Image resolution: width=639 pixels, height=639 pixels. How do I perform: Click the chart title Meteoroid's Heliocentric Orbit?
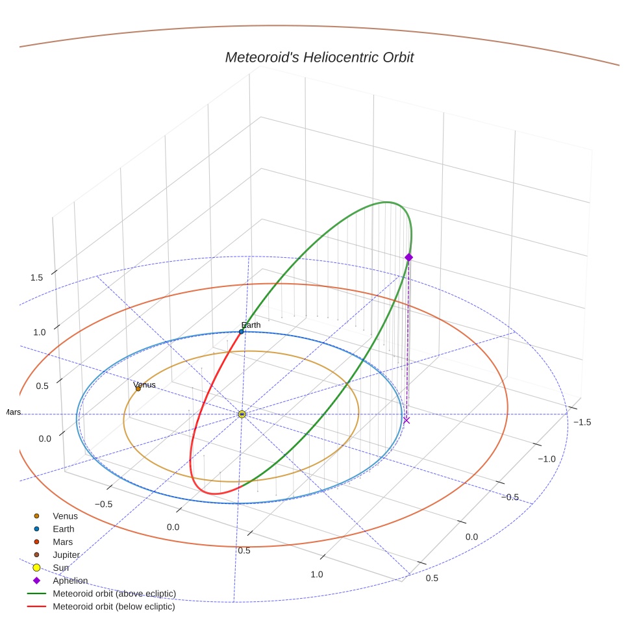pyautogui.click(x=319, y=57)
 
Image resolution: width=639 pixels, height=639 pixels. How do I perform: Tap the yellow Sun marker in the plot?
pyautogui.click(x=242, y=414)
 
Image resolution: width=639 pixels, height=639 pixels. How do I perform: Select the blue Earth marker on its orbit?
pyautogui.click(x=242, y=331)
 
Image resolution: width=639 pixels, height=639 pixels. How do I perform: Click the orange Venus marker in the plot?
pyautogui.click(x=138, y=389)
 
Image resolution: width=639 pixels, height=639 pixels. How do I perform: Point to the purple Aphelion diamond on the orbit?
pyautogui.click(x=408, y=258)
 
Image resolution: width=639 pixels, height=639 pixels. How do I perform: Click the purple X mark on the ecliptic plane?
pyautogui.click(x=407, y=421)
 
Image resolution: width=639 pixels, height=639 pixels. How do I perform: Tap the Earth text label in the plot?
pyautogui.click(x=251, y=325)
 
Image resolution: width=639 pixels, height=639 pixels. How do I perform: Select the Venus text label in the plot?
pyautogui.click(x=144, y=384)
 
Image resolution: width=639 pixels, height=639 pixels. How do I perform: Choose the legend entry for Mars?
pyautogui.click(x=62, y=542)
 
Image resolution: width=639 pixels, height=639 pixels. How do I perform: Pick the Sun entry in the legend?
pyautogui.click(x=61, y=568)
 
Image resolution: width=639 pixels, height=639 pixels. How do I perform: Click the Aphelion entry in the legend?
pyautogui.click(x=70, y=581)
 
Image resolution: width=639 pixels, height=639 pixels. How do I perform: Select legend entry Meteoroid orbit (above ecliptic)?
pyautogui.click(x=114, y=594)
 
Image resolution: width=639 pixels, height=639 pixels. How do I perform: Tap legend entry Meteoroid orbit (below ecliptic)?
pyautogui.click(x=114, y=607)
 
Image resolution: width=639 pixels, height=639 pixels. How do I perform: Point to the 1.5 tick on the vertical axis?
pyautogui.click(x=36, y=277)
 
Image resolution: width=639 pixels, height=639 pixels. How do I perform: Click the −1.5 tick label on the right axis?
pyautogui.click(x=581, y=421)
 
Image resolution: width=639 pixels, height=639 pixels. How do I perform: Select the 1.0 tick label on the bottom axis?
pyautogui.click(x=316, y=574)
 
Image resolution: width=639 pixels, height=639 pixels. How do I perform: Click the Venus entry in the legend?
pyautogui.click(x=65, y=516)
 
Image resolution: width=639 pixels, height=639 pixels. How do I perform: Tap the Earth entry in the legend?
pyautogui.click(x=63, y=529)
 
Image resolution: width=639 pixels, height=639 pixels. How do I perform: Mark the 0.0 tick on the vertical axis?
pyautogui.click(x=44, y=438)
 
